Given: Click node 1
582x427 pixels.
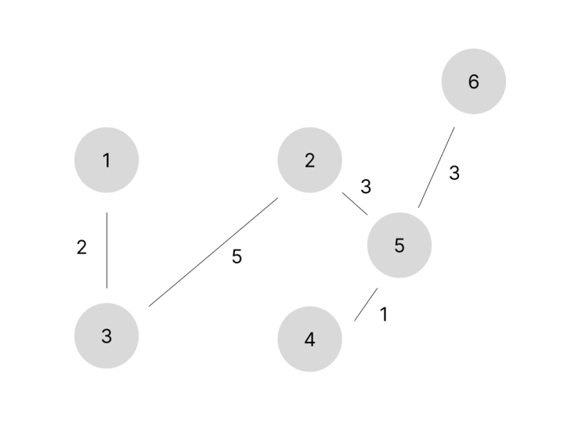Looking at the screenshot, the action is click(x=107, y=160).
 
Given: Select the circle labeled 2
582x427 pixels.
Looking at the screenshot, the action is click(x=309, y=160).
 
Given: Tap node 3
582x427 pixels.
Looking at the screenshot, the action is click(x=107, y=335).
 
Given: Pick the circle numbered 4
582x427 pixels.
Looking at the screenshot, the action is click(x=309, y=339).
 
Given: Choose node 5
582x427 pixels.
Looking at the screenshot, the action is click(x=399, y=245).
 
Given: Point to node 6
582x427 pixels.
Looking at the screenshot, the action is click(x=474, y=81).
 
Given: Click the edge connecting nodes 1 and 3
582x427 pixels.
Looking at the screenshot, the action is click(x=107, y=250).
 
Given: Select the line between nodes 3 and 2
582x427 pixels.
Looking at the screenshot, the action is click(x=213, y=252).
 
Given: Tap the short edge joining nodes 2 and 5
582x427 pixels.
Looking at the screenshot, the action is click(x=355, y=203).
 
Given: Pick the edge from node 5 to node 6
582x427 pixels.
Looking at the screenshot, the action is click(x=436, y=167).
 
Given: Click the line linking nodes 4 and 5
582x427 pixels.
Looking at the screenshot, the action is click(x=366, y=304).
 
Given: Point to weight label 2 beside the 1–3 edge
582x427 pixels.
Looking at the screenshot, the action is click(x=81, y=247).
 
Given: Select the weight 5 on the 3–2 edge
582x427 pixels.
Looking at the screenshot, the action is click(x=237, y=257).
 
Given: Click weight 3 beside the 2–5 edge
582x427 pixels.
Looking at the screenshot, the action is click(x=366, y=186).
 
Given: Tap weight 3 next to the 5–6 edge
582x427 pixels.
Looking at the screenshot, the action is click(x=454, y=173).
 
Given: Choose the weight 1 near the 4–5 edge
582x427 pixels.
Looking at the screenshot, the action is click(x=384, y=314).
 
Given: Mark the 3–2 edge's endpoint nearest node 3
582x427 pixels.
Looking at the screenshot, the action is click(x=149, y=307).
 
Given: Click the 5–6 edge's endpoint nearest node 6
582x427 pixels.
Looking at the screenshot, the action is click(x=454, y=127).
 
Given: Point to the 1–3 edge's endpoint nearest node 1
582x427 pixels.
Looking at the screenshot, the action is click(x=107, y=213).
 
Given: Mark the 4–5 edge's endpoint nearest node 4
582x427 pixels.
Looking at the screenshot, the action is click(x=355, y=321).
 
